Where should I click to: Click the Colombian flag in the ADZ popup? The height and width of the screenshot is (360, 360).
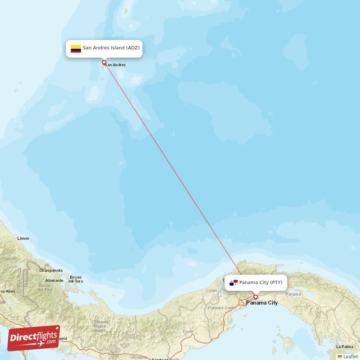[76, 49]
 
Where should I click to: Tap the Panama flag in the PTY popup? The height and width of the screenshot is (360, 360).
[234, 283]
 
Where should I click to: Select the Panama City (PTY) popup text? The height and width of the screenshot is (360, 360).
[261, 283]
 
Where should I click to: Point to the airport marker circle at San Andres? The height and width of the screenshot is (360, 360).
[104, 63]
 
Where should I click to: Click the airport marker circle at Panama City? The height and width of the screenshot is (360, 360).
[256, 297]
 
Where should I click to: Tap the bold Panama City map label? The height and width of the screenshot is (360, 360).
[262, 303]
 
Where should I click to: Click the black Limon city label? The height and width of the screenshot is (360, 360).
[22, 238]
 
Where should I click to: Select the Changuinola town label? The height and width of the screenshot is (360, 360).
[50, 270]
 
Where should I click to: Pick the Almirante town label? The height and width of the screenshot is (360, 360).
[54, 280]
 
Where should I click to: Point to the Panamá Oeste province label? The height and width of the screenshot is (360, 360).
[221, 308]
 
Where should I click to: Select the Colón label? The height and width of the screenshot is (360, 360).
[211, 291]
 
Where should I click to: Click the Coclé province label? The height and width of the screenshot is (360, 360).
[188, 331]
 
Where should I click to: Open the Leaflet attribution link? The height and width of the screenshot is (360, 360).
[351, 356]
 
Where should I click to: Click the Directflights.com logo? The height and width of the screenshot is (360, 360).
[34, 338]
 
